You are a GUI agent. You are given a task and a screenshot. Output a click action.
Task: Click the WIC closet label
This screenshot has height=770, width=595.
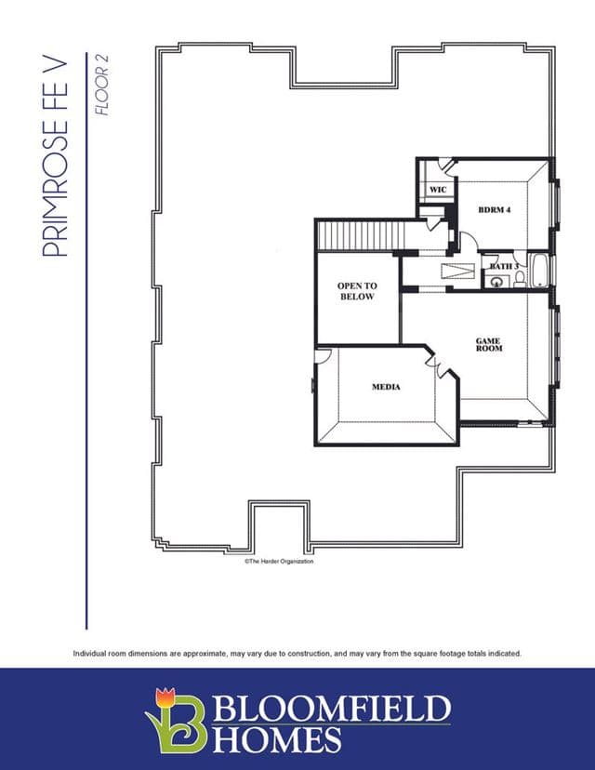click(438, 190)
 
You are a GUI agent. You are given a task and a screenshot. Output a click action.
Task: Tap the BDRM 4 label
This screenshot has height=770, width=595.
click(495, 209)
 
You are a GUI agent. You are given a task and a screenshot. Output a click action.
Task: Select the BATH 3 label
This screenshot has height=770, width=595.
click(504, 266)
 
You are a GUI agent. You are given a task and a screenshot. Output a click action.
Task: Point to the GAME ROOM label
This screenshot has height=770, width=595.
click(489, 344)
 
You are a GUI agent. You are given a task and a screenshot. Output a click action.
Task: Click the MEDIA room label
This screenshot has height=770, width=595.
click(386, 387)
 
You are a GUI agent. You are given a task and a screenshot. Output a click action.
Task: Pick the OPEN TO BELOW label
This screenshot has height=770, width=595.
click(357, 291)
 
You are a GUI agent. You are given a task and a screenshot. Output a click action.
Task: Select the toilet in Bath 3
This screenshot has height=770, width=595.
click(520, 278)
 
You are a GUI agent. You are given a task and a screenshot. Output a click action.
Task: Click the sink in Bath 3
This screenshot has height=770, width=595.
click(496, 283)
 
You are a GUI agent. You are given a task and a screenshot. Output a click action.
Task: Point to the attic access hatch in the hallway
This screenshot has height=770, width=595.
click(457, 272)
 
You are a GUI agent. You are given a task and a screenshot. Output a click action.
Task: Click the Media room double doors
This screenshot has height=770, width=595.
click(441, 365)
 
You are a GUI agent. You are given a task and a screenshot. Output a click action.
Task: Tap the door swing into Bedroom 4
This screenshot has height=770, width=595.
click(469, 242)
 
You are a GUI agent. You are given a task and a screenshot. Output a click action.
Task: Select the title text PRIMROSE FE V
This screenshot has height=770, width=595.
click(55, 158)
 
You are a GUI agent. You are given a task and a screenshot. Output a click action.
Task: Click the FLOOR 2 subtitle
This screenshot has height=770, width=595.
click(102, 85)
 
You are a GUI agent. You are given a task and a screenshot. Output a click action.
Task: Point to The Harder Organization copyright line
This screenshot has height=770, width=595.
click(279, 561)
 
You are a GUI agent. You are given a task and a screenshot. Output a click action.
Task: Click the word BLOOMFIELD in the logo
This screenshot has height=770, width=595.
click(332, 708)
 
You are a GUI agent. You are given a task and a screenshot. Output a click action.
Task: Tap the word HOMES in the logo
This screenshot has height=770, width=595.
click(277, 739)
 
